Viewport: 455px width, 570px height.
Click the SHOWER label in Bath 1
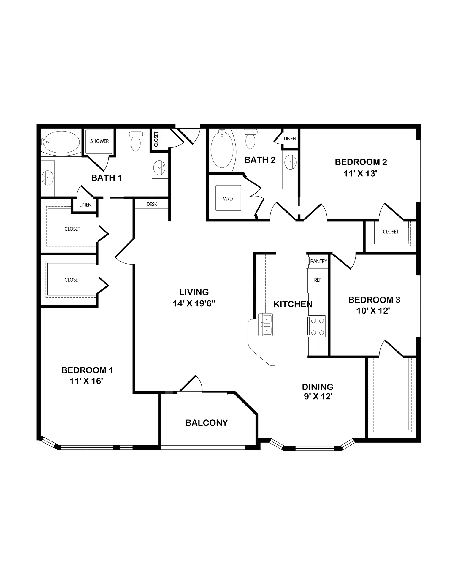point(99,141)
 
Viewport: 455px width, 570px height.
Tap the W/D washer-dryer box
point(228,198)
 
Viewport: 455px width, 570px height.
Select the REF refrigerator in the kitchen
point(318,280)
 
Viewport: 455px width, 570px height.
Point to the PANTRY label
point(318,261)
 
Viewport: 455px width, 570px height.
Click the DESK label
point(152,204)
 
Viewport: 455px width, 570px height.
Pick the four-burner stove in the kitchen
point(317,326)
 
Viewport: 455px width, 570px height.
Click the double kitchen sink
point(265,325)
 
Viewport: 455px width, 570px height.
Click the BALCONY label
point(207,423)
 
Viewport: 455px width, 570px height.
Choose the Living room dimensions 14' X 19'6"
point(194,303)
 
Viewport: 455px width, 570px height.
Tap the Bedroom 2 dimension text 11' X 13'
point(360,173)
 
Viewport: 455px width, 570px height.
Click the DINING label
point(318,387)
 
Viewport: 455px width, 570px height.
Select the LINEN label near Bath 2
point(290,139)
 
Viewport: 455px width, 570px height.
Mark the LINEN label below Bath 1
point(85,205)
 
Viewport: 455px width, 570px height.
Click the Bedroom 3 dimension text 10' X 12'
point(373,311)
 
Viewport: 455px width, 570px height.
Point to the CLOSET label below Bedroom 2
point(391,232)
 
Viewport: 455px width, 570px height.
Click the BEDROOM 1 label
point(87,370)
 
